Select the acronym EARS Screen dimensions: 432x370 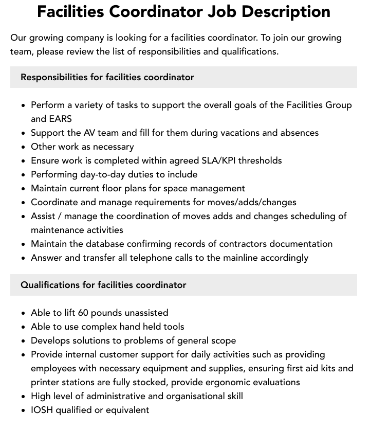(61, 119)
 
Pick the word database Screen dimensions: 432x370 (104, 244)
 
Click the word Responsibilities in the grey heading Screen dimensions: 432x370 (54, 77)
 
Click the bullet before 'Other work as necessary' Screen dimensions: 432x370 (23, 147)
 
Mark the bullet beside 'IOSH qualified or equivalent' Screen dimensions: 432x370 (23, 410)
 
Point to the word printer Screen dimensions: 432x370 (46, 382)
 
